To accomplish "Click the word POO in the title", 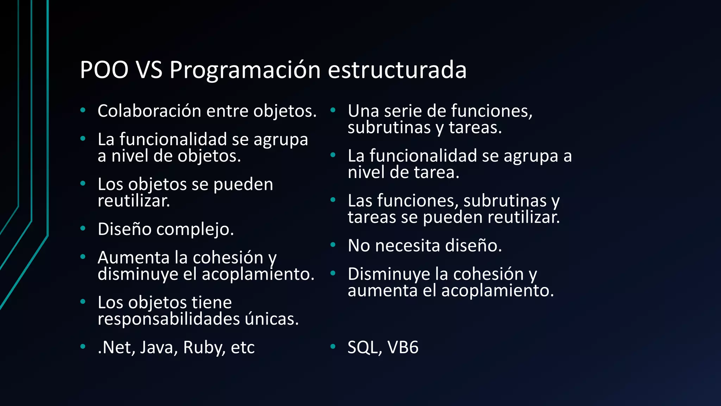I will click(x=104, y=70).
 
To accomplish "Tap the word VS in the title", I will click(x=149, y=70).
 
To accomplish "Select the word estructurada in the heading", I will click(x=397, y=70).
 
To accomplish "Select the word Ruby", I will click(x=203, y=347).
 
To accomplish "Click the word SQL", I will click(x=365, y=347).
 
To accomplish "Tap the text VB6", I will click(x=403, y=347).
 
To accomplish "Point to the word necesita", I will click(x=407, y=246).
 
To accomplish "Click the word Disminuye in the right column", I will click(x=389, y=274).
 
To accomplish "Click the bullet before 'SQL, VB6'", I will click(x=333, y=347).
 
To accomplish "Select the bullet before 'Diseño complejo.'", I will click(x=83, y=229).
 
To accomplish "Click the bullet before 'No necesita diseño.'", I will click(x=333, y=245).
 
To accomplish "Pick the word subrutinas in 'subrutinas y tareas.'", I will click(x=389, y=128).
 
